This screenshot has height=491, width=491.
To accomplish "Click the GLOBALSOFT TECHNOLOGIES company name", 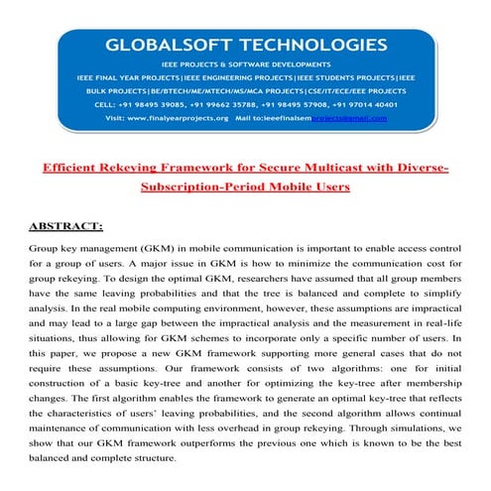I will [x=246, y=45].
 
